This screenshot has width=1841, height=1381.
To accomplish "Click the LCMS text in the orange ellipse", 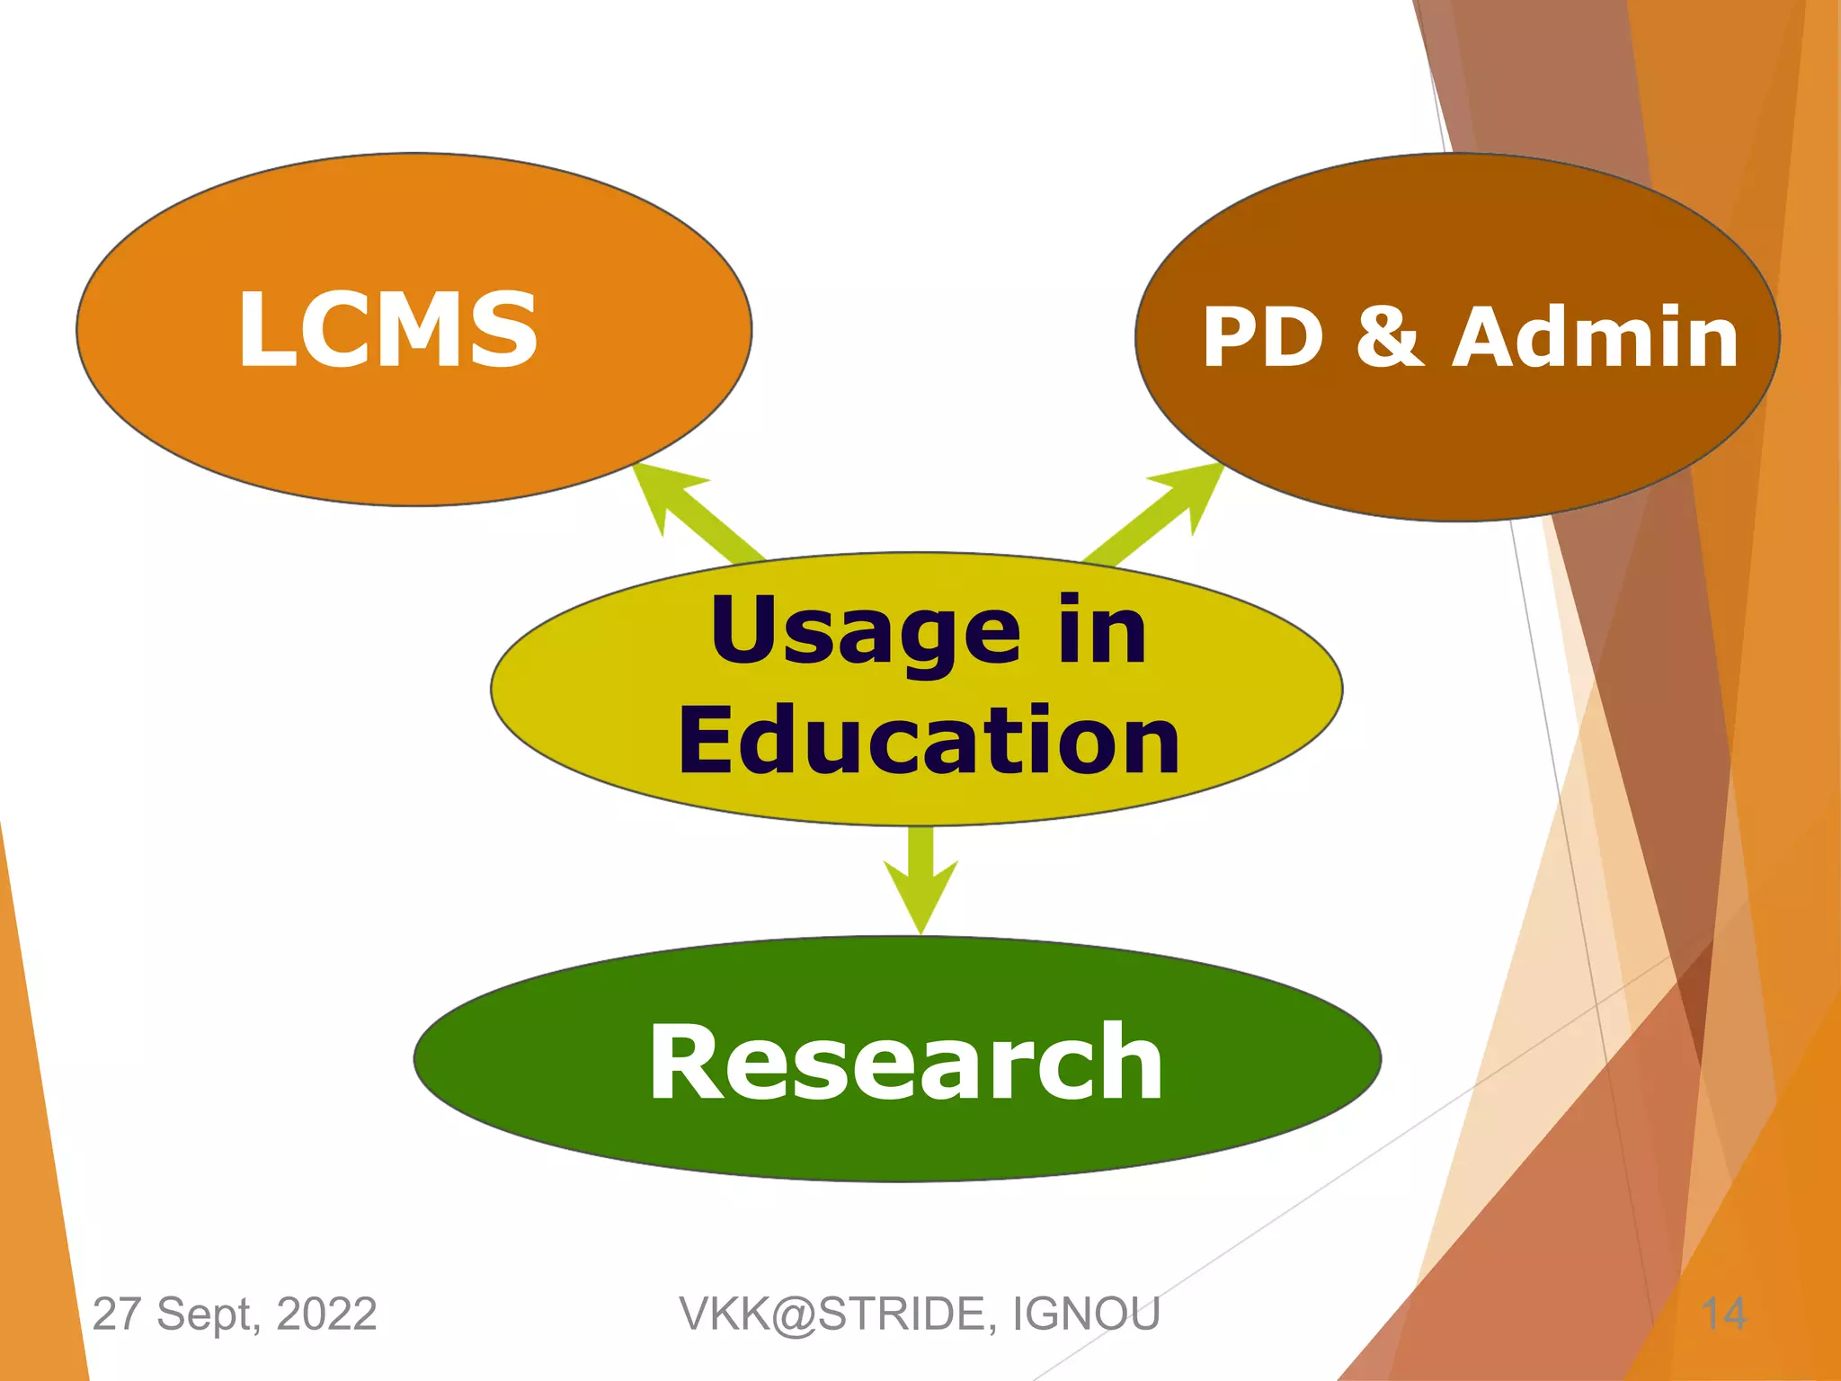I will point(387,329).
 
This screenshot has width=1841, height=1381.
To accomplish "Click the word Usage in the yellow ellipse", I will point(865,634).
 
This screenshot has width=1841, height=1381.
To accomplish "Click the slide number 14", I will point(1724,1314).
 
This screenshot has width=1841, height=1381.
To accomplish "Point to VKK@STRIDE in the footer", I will point(837,1314).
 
